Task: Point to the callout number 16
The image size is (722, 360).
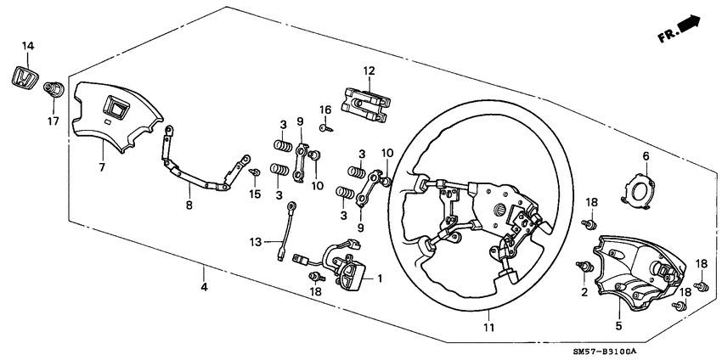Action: coord(324,110)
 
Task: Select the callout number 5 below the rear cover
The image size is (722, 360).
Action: coord(618,325)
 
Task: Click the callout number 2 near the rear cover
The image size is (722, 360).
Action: coord(584,292)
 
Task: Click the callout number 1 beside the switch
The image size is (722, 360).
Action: coord(380,278)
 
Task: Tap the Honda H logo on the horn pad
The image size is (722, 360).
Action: coord(113,108)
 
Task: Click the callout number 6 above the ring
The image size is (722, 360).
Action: coord(645,156)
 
